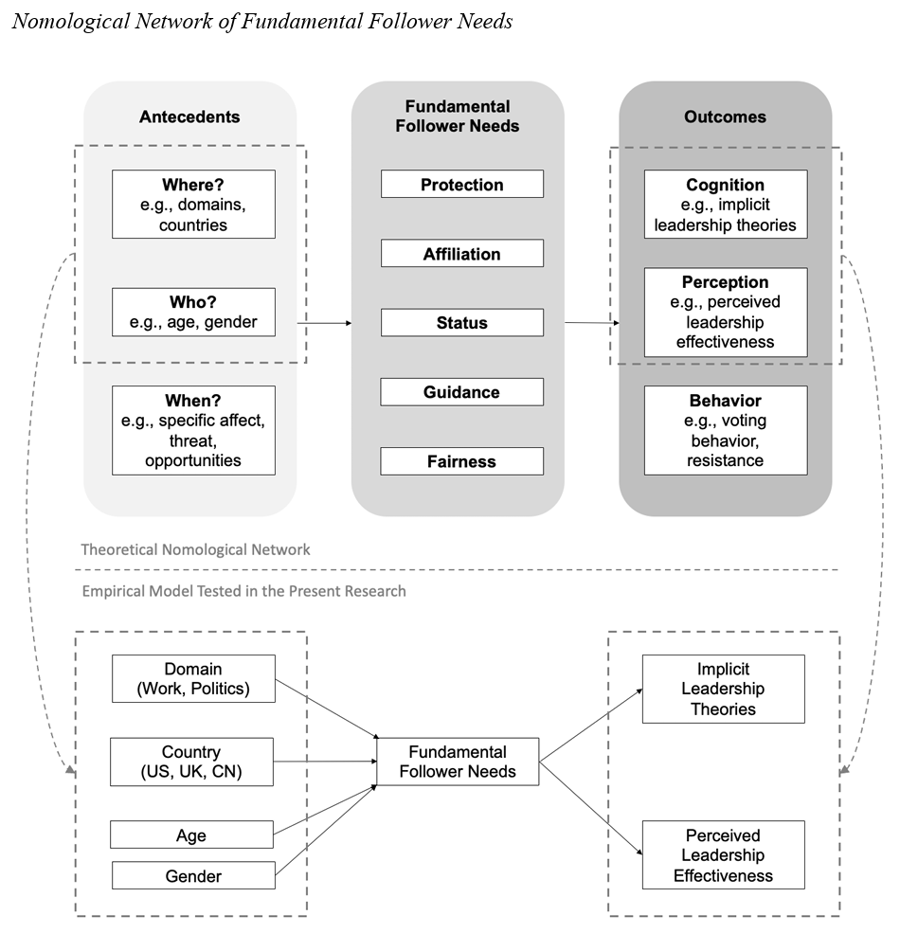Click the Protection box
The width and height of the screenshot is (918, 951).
(x=461, y=184)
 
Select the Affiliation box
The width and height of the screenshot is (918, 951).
(x=461, y=253)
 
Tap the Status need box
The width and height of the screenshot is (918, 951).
(x=461, y=322)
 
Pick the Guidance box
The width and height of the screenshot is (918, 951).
(x=461, y=392)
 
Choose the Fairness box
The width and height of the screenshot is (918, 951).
(x=461, y=461)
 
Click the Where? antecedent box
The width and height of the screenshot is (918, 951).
(x=193, y=204)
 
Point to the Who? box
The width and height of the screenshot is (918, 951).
(x=193, y=312)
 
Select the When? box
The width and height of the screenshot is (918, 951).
(x=193, y=430)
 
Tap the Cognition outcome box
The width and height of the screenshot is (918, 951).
(x=725, y=204)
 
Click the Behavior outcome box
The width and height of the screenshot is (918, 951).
(x=725, y=430)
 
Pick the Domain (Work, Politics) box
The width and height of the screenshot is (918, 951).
(x=193, y=678)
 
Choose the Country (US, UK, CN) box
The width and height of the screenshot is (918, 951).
(x=191, y=762)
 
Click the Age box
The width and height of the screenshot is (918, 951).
(x=191, y=834)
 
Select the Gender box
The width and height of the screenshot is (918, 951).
(x=193, y=875)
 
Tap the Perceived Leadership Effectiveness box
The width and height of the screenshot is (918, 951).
(x=723, y=854)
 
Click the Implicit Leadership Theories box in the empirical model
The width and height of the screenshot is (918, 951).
(x=723, y=689)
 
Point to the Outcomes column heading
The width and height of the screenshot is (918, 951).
(x=725, y=117)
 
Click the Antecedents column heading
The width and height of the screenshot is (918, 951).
(x=189, y=117)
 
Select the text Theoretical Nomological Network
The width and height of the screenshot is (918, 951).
(x=195, y=549)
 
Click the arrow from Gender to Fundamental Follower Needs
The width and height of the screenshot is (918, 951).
(x=326, y=830)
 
